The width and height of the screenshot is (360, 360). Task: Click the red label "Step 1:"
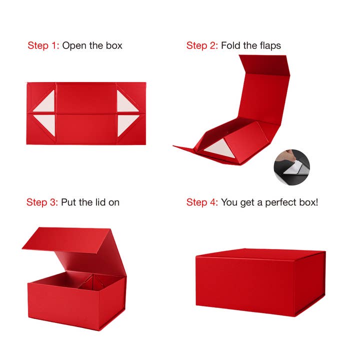[x=43, y=45]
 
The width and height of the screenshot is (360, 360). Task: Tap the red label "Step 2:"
[x=202, y=45]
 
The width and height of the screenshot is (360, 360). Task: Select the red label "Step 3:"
[x=42, y=202]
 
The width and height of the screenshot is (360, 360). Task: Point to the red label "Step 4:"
[x=202, y=202]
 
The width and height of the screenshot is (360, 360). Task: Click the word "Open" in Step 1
[x=73, y=45]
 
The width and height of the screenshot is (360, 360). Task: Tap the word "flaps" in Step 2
[x=268, y=45]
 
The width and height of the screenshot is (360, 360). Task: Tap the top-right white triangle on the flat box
[x=125, y=104]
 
